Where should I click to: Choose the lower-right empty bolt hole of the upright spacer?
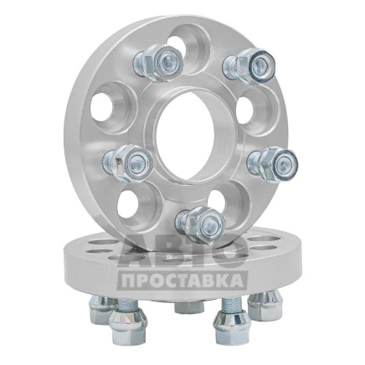(x=225, y=202)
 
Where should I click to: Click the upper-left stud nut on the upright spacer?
(x=158, y=63)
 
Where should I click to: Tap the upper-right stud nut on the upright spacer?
(x=249, y=66)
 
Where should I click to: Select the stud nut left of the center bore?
(x=128, y=163)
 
